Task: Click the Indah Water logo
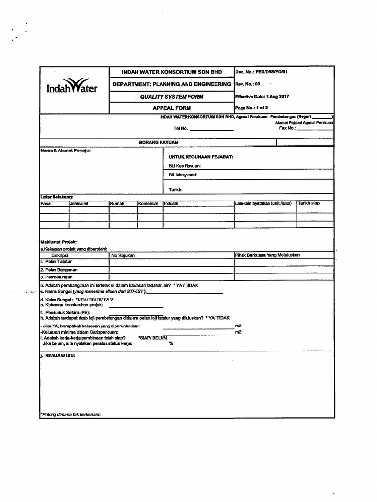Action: (x=72, y=87)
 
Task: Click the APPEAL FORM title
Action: (x=171, y=108)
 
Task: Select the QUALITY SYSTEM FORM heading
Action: (x=171, y=97)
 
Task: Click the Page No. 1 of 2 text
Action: (x=252, y=108)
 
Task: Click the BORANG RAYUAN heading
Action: (x=158, y=142)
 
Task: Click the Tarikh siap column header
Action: (x=308, y=203)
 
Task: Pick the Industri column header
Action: (x=171, y=203)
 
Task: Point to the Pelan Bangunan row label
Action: (x=59, y=270)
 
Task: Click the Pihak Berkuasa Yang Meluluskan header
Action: (x=268, y=255)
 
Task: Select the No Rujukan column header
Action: (x=124, y=255)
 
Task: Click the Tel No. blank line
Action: (x=211, y=130)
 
